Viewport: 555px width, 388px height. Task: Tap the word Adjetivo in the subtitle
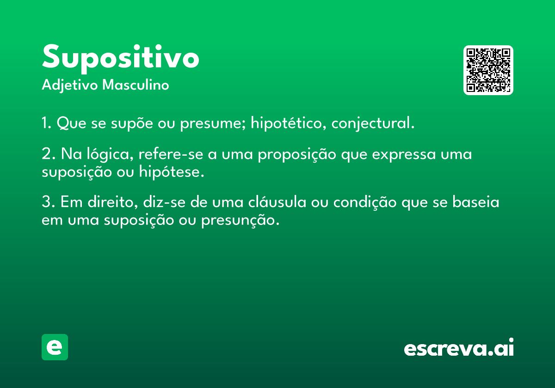tap(70, 85)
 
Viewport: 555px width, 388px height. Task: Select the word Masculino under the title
tap(136, 85)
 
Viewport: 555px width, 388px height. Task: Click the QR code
tap(488, 70)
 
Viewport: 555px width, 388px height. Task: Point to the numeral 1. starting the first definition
tap(47, 123)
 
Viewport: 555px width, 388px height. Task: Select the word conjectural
tap(373, 123)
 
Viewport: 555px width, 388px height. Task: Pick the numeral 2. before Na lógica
tap(49, 154)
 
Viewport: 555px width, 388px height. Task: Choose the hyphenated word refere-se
tap(171, 154)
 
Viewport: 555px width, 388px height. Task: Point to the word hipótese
tap(172, 172)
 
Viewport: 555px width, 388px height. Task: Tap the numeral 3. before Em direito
tap(48, 202)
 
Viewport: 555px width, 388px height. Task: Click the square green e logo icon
tap(55, 347)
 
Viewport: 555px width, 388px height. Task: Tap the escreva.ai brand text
tap(459, 347)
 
